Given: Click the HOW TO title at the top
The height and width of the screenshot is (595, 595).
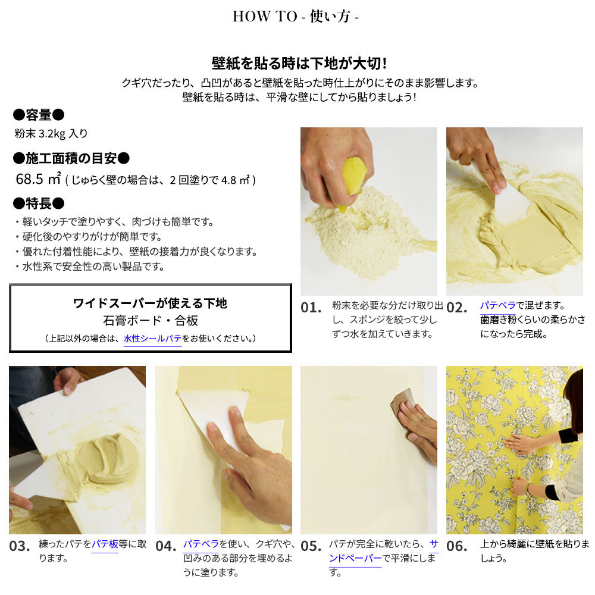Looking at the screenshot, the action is (x=295, y=16).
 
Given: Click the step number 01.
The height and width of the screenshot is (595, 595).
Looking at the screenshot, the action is (x=311, y=308).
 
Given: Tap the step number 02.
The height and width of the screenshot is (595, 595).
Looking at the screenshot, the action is (x=457, y=308).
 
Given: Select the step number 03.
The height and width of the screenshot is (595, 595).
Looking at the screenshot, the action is (x=20, y=546).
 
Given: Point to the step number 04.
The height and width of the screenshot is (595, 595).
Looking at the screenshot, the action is (x=166, y=546).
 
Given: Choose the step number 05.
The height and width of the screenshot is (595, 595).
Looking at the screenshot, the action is (x=311, y=546).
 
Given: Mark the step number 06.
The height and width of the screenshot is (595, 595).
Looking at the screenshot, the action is (x=457, y=546).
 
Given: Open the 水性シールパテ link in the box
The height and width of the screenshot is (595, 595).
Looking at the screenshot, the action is (x=152, y=339).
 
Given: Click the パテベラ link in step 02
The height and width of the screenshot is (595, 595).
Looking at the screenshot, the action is (x=498, y=305).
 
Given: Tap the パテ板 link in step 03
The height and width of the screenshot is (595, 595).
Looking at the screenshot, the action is (x=105, y=544).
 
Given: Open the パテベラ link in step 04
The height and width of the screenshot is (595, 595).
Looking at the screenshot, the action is (x=201, y=544).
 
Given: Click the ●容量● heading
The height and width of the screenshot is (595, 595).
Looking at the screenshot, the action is (x=39, y=115).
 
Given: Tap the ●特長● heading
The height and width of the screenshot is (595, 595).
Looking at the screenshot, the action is (x=39, y=203).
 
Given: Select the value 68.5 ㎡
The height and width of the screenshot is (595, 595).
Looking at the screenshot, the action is (x=38, y=179).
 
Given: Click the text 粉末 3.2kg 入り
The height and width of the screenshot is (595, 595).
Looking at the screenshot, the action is (x=51, y=133).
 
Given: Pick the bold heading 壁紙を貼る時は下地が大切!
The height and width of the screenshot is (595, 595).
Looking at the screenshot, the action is (x=299, y=64).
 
